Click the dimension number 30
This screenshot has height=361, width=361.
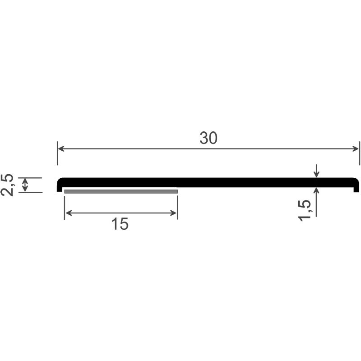coord(208,139)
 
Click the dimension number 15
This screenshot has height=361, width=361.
coord(120,224)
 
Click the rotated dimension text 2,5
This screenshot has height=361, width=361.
coord(8,185)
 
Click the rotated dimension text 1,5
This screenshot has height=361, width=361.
coord(305,210)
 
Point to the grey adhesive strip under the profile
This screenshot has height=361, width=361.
coord(121,192)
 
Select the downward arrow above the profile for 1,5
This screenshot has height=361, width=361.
coord(317,173)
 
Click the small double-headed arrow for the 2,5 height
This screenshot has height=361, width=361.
coord(25,185)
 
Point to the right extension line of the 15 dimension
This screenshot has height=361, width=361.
coord(177,208)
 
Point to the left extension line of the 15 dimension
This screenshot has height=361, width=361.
coord(65,208)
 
